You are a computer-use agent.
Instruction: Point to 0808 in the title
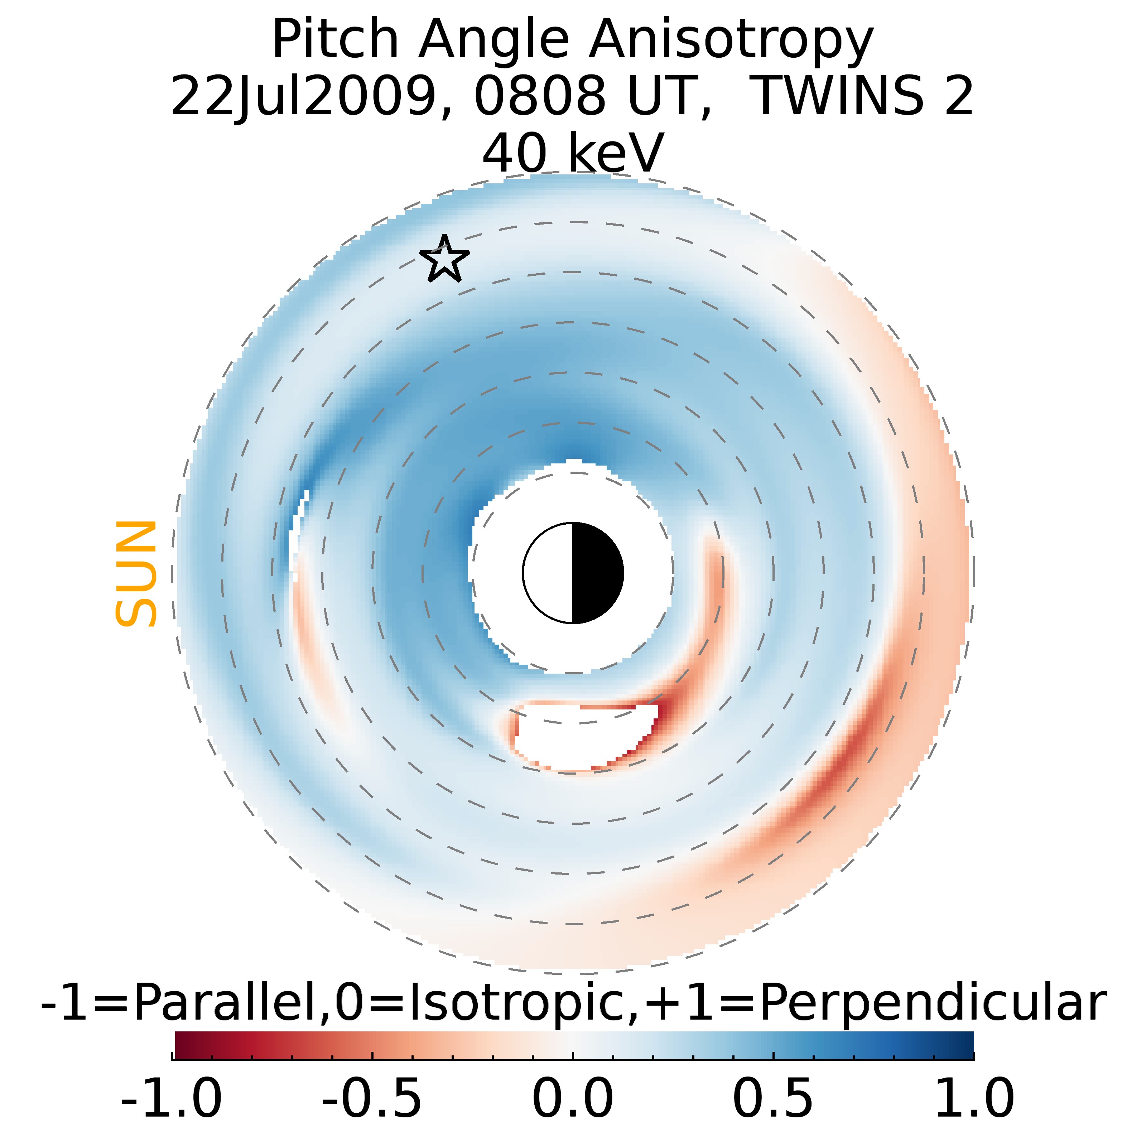[539, 96]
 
